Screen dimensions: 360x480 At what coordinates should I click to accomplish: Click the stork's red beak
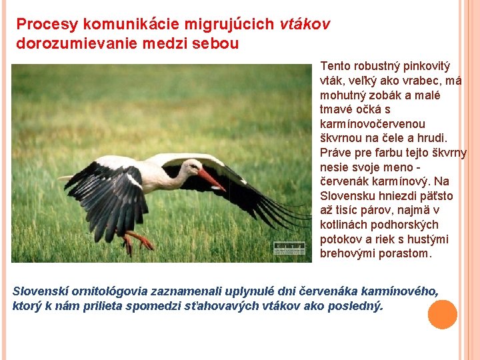coord(211,179)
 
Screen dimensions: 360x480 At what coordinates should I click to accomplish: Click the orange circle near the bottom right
coord(442,315)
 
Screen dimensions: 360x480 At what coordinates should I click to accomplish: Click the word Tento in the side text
coord(336,66)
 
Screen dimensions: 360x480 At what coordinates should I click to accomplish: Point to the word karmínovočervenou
coord(373,124)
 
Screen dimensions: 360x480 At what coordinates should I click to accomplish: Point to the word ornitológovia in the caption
coord(110,292)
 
